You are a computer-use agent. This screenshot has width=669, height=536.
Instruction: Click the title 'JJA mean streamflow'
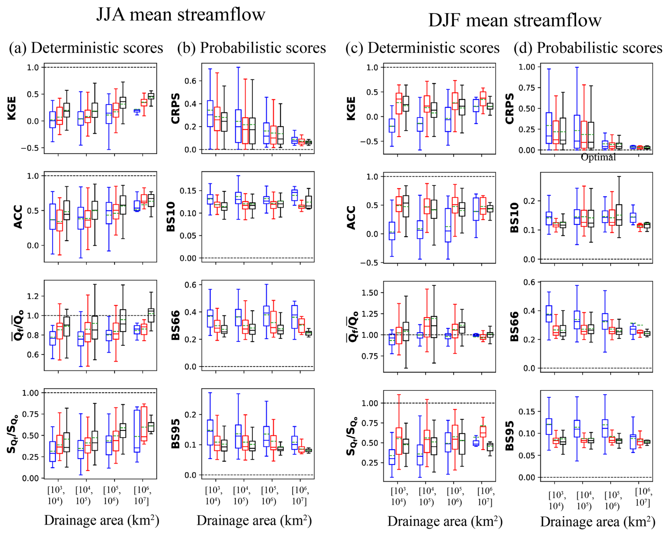pos(180,15)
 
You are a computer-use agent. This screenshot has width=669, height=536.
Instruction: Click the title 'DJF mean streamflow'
pos(514,21)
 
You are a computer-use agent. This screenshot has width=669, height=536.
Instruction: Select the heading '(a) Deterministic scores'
pos(86,48)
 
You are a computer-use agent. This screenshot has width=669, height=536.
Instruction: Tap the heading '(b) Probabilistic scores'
pos(251,48)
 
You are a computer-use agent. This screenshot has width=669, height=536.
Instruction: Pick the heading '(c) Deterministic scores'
pos(423,48)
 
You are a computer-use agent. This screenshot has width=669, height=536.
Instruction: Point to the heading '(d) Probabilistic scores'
pos(588,48)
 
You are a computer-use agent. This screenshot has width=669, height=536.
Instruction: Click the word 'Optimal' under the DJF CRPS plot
pos(598,157)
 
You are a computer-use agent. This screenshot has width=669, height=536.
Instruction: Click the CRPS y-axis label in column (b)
pos(175,109)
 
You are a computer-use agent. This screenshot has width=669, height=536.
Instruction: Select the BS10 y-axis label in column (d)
pos(514,217)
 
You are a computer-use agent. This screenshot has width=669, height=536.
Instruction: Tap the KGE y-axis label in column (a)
pos(12,109)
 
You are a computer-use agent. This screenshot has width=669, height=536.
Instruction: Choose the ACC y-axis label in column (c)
pos(351,217)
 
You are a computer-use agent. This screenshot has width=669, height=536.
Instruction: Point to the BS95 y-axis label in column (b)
pos(175,433)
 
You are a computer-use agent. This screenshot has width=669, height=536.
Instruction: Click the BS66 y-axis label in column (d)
pos(514,326)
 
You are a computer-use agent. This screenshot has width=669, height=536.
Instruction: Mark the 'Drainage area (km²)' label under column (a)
pos(101,520)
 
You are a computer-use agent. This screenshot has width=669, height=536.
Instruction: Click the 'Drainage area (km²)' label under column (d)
pos(598,522)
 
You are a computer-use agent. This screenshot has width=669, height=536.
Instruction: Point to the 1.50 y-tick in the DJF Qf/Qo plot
pos(370,293)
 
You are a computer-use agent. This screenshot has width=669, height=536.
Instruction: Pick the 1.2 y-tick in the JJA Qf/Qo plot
pos(33,296)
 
